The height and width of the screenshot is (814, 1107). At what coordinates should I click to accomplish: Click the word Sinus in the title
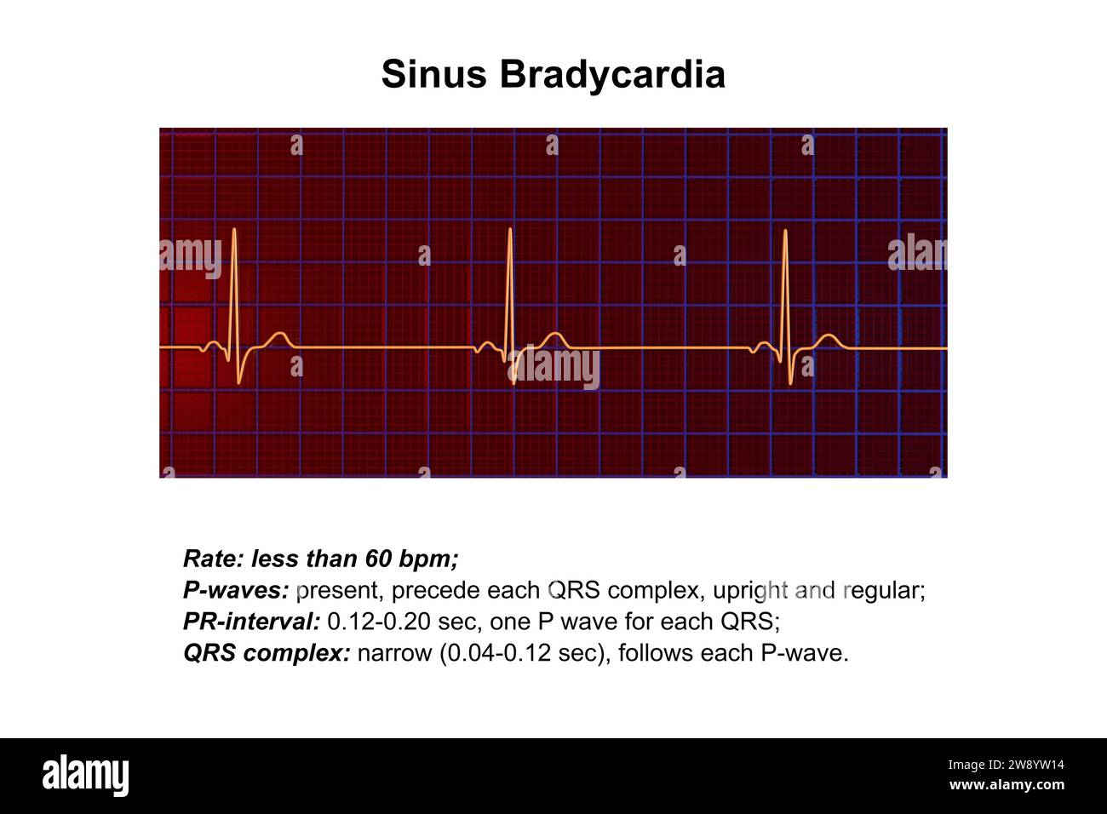point(434,74)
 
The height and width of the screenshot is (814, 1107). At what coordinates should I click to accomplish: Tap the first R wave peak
point(234,230)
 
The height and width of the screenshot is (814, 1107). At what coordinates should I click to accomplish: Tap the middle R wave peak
point(509,230)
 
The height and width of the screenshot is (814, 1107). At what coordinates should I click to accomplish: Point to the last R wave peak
point(785,232)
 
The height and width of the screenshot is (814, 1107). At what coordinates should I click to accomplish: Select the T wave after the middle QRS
point(554,335)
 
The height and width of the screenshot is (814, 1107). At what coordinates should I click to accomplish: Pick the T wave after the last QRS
point(827,336)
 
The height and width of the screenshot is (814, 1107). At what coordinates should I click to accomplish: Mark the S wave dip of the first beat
point(241,381)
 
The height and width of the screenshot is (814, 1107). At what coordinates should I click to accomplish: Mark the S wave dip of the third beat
point(791,382)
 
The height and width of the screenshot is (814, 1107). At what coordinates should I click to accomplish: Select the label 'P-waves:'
point(236,590)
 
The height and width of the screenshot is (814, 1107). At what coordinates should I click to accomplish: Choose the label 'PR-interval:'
point(251,622)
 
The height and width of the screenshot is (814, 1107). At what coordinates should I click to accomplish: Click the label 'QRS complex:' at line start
point(267,653)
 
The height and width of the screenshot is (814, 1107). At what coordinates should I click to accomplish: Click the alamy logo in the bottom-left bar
point(85,776)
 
